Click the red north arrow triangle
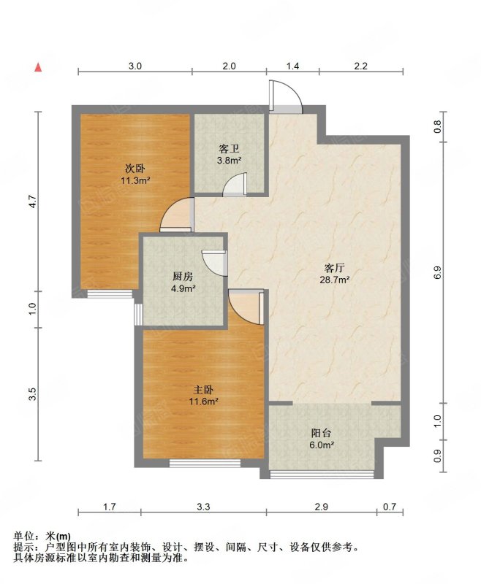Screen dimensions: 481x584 [x=38, y=67]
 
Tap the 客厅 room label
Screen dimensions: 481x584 [x=335, y=268]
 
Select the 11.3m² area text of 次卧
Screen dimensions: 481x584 [x=135, y=181]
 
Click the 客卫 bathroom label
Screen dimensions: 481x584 [x=229, y=150]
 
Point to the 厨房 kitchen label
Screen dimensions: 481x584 [x=183, y=277]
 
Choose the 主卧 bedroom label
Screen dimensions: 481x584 [x=203, y=390]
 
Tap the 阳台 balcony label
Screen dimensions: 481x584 [x=321, y=433]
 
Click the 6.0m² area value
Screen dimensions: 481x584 [x=321, y=445]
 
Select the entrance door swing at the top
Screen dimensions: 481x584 [x=286, y=96]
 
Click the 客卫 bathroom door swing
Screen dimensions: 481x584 [x=235, y=184]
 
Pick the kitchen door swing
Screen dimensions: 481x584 [x=214, y=263]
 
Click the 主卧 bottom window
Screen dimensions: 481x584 [x=205, y=463]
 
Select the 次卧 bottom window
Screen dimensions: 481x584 [x=110, y=294]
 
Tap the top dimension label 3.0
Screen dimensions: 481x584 [x=135, y=66]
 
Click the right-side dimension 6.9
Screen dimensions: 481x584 [x=438, y=272]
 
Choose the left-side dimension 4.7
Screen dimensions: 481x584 [x=33, y=201]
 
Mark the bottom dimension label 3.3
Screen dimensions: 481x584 [x=204, y=507]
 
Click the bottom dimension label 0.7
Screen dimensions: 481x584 [x=390, y=507]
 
